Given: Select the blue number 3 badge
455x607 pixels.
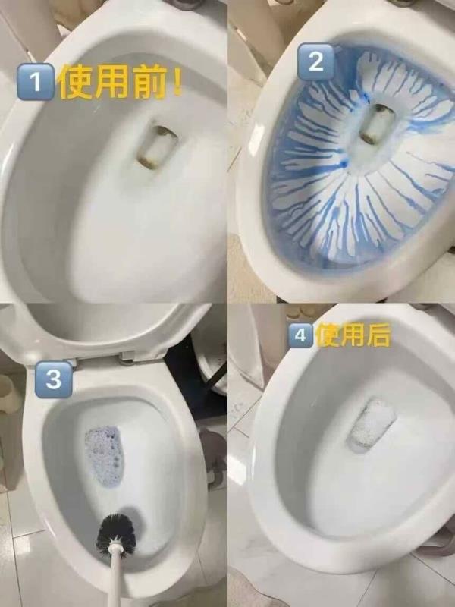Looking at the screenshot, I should [x=53, y=379].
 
